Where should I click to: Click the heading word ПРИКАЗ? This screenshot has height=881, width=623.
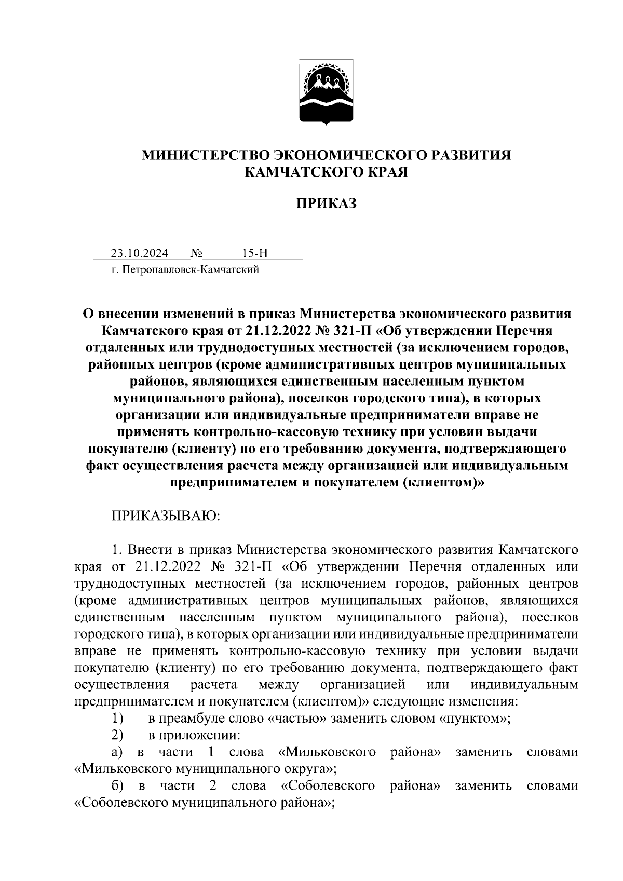[327, 203]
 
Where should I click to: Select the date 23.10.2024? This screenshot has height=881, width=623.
[139, 253]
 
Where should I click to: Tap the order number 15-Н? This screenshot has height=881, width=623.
[255, 253]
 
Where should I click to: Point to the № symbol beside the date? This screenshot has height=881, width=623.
[196, 253]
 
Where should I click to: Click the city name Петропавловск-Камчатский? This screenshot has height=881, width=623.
[191, 269]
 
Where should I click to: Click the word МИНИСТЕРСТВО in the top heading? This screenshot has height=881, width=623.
[206, 155]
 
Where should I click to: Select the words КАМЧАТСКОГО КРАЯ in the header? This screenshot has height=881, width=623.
[327, 172]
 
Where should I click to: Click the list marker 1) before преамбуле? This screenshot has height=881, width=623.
[117, 719]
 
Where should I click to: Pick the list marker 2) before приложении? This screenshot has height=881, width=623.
[117, 735]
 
